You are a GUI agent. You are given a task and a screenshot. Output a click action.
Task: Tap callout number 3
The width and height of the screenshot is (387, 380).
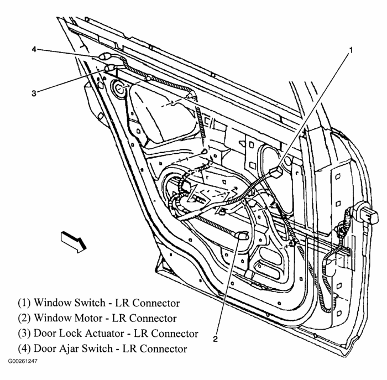coord(34,93)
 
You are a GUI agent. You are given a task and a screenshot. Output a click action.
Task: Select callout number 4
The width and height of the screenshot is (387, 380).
coord(34,49)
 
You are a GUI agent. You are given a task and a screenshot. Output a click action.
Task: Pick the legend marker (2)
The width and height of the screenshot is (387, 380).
coord(24,318)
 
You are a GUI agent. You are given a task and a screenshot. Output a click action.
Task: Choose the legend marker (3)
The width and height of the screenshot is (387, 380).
coord(24,333)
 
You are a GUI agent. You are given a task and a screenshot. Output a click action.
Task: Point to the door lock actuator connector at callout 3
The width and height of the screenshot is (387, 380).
coord(109,68)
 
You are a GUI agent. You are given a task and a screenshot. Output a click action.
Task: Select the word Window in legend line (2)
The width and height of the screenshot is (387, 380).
coord(50,318)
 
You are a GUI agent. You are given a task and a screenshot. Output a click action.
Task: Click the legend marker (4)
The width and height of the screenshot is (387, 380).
coord(24,348)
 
